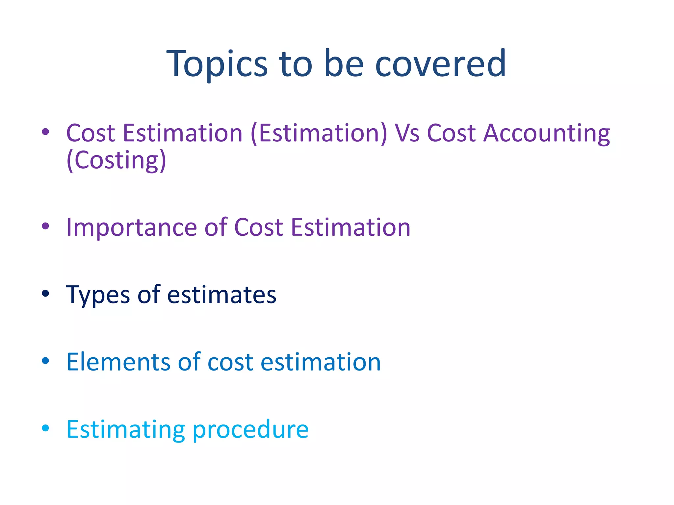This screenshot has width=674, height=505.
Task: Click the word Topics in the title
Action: [x=217, y=64]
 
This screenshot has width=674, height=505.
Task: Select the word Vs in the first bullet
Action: [x=407, y=133]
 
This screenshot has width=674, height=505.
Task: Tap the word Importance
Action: [x=132, y=228]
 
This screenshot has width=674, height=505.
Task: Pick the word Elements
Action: [x=118, y=362]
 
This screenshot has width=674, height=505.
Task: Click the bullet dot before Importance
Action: [x=45, y=226]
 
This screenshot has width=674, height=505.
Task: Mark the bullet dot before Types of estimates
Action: [x=45, y=293]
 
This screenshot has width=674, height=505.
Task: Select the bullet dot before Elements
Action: [x=45, y=361]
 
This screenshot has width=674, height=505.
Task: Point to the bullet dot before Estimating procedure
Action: [x=45, y=428]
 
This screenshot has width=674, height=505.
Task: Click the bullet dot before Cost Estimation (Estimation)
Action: [x=45, y=132]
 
